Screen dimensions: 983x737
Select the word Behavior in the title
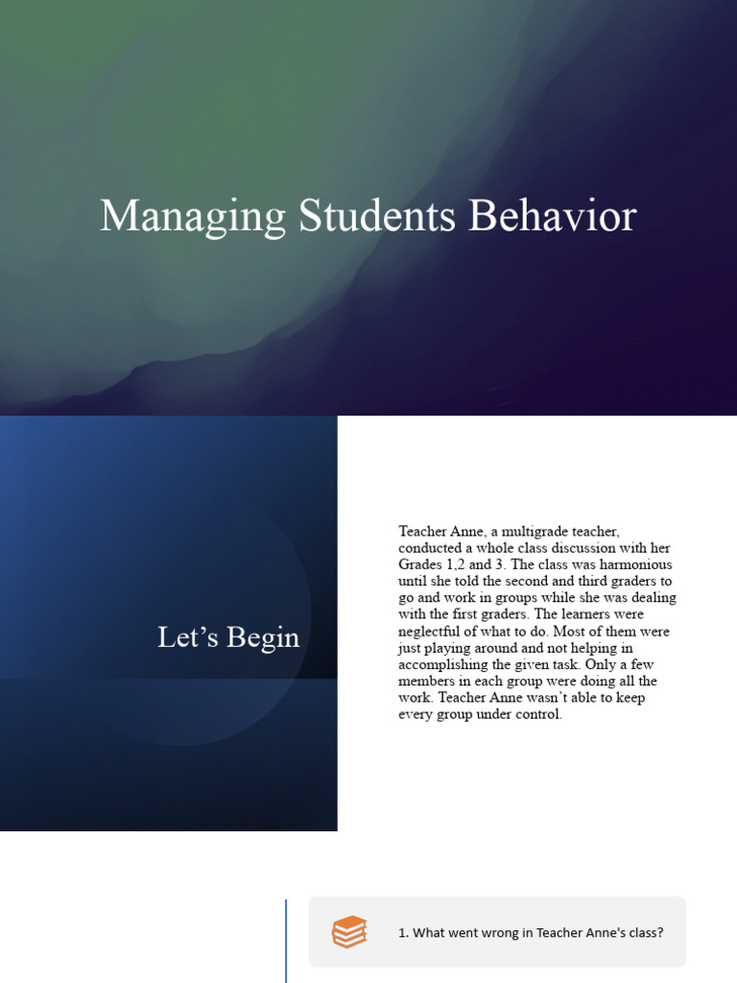[552, 217]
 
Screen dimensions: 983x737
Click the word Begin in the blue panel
[262, 637]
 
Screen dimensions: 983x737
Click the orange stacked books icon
[349, 932]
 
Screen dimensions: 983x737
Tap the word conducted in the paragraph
[429, 547]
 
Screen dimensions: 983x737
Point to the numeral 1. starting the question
[403, 933]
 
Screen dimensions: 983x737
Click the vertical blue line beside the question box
[286, 941]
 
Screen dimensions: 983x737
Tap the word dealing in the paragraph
[654, 598]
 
